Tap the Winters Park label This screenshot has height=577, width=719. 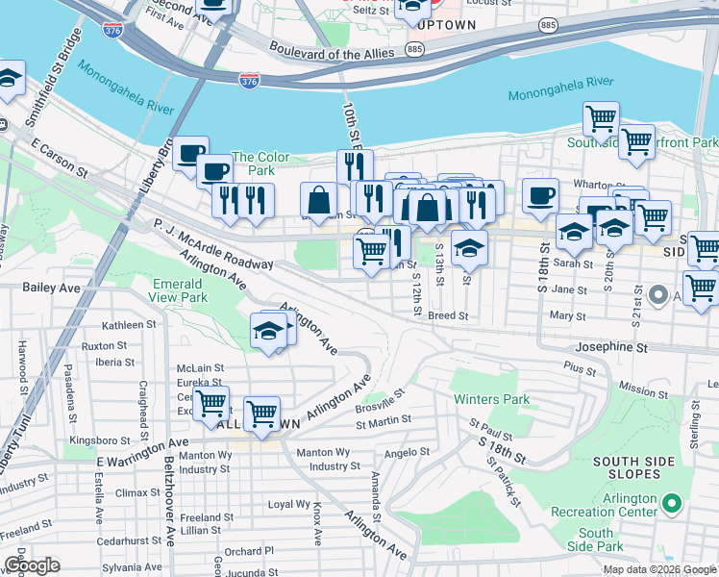(490, 399)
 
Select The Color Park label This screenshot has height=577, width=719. (260, 163)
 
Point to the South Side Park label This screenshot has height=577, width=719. (596, 539)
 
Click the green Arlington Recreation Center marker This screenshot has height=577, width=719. (672, 502)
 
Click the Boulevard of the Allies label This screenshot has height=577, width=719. (318, 50)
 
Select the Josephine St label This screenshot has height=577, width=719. (615, 346)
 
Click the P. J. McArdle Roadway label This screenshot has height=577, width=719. (212, 245)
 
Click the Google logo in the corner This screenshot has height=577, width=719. (32, 565)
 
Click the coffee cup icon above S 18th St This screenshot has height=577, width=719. (540, 196)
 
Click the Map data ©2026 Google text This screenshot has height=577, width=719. (658, 569)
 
